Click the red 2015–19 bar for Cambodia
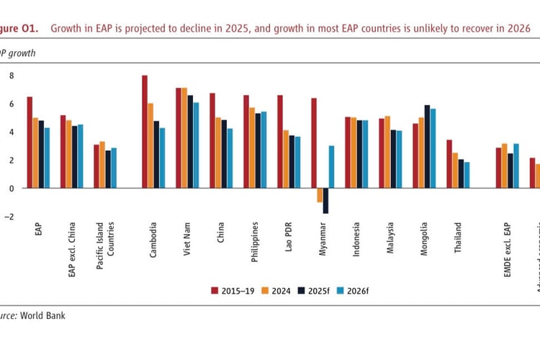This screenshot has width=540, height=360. [145, 132]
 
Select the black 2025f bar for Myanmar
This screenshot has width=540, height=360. [325, 201]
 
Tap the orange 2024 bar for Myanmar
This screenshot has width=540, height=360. [320, 195]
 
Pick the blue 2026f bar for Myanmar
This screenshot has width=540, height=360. [332, 167]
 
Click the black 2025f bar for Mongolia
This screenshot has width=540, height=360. [427, 147]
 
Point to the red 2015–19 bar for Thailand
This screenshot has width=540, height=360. [449, 164]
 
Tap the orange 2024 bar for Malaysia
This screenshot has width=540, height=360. [388, 152]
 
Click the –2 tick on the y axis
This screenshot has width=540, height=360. [9, 216]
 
